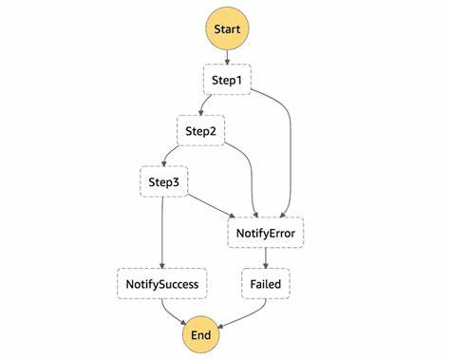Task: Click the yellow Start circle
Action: coord(228,28)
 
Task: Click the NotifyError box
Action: coord(267,231)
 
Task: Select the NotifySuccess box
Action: coord(162,282)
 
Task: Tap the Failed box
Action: coord(266,282)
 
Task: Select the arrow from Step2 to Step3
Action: coord(177,154)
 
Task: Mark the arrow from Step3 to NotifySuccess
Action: coord(162,233)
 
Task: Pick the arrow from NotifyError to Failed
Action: coord(266,256)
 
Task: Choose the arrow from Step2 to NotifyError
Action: coord(252,176)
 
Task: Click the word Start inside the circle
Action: coord(228,28)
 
